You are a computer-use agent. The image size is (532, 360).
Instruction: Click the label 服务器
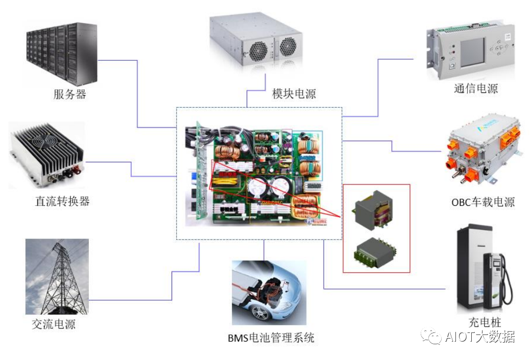[x=69, y=94]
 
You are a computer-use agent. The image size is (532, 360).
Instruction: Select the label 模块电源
[x=294, y=93]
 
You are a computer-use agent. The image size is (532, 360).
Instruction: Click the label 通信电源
[x=475, y=88]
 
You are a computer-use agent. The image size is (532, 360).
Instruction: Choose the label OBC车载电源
[x=482, y=202]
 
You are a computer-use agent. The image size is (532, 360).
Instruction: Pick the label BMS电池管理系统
[x=271, y=338]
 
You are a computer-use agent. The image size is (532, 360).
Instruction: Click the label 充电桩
[x=485, y=322]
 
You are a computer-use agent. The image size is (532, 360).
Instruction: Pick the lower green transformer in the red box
[x=376, y=249]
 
